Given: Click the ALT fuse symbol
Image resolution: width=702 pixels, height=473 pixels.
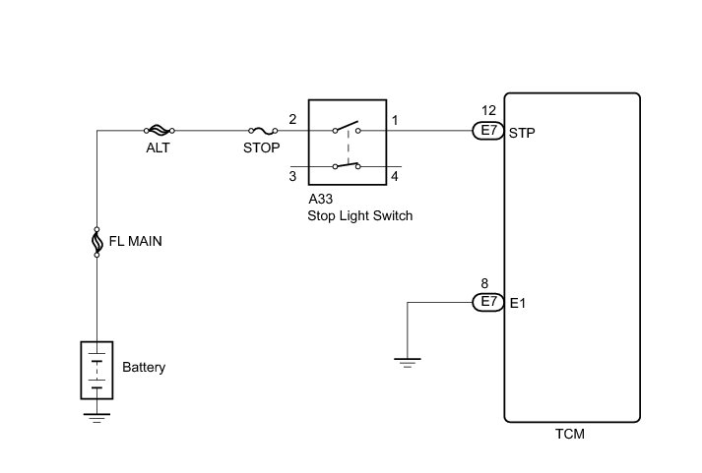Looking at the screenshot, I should point(160,129).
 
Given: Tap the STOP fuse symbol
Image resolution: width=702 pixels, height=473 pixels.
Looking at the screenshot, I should point(261,129).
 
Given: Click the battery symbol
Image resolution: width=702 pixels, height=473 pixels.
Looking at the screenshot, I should point(96,370).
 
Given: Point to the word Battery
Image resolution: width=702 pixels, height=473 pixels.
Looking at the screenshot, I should point(144,369).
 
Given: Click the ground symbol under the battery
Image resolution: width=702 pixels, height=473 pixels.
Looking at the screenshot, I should point(96,415).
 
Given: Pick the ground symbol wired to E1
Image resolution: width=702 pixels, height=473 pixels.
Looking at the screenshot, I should point(407,362).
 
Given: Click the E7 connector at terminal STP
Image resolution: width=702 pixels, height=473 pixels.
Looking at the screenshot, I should point(488,130).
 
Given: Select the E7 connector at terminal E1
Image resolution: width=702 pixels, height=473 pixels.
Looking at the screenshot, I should point(488,302).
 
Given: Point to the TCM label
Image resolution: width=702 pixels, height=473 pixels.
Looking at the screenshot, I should point(571,435).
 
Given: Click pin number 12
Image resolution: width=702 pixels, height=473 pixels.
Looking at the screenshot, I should point(489,111).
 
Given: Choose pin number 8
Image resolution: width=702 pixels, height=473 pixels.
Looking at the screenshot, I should point(484,283).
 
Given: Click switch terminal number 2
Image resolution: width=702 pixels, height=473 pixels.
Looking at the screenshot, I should point(292,120).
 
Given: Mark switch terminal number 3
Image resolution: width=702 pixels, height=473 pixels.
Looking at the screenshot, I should point(292,177).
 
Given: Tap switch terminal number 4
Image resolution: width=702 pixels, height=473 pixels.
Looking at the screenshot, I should point(394,177).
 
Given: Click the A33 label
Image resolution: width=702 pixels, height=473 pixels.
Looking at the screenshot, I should point(321,199).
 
